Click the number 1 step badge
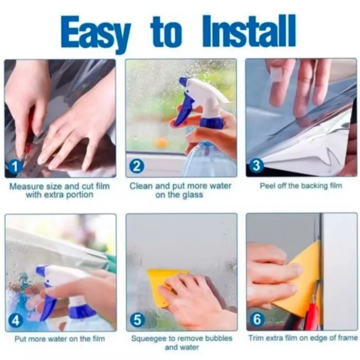[15, 166]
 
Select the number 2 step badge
[137, 166]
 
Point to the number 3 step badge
[256, 166]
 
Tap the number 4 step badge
[15, 320]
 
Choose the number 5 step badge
[137, 320]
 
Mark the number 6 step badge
[257, 319]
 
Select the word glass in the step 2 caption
[193, 195]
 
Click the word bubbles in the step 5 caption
[219, 338]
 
